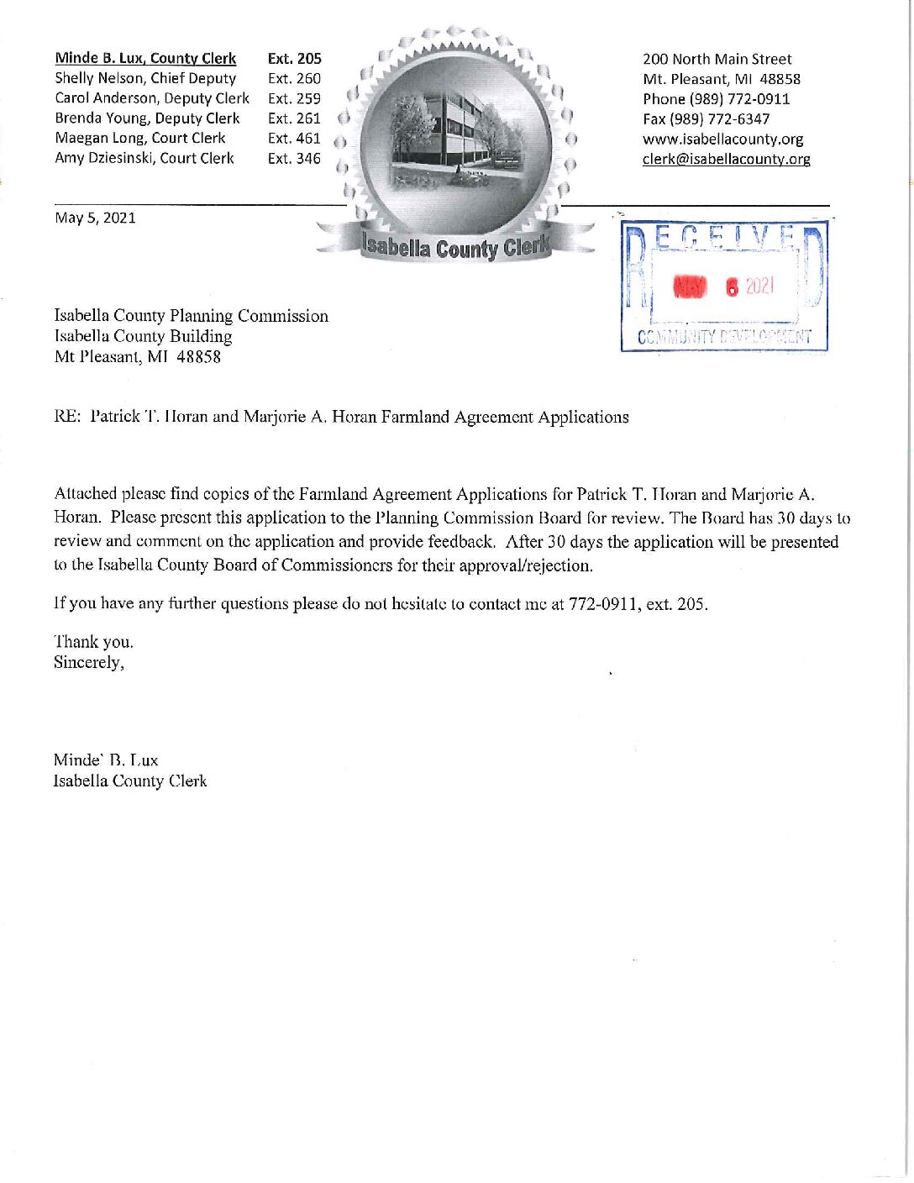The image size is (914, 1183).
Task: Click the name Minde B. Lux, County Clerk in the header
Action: pos(145,58)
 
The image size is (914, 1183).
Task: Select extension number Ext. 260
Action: pos(294,78)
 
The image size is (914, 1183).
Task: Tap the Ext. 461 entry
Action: pos(294,138)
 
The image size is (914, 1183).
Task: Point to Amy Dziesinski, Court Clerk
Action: pos(144,158)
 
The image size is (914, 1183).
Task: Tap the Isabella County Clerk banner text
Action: pos(454,248)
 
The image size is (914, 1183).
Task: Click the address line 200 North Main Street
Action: pos(717,59)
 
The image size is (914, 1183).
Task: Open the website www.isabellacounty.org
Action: pos(722,139)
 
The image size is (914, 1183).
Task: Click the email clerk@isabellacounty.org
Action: pos(726,160)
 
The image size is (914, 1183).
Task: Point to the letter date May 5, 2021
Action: pos(95,218)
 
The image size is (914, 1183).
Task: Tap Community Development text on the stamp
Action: pos(724,338)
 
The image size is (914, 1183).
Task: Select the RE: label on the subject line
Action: pos(66,418)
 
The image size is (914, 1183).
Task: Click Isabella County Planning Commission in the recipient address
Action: pos(191,316)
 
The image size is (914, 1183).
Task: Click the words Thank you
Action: pos(93,642)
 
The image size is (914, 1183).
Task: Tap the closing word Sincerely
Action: pos(88,663)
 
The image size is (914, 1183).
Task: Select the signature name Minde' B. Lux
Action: pos(105,760)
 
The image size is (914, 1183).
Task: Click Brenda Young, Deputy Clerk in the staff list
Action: pos(147,118)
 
